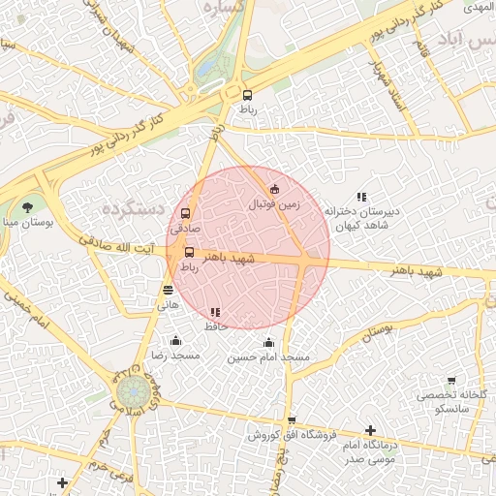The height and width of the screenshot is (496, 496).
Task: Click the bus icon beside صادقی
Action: coord(185,214)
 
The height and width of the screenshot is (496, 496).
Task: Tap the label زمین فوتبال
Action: coord(275,204)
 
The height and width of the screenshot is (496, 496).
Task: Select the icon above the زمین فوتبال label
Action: coord(274,189)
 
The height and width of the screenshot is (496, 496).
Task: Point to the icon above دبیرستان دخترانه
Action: coord(361,196)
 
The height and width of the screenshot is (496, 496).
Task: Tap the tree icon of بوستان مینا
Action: coord(27,206)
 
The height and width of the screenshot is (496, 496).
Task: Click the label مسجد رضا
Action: coord(175,356)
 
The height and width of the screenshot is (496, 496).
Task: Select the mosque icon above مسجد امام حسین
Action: coord(268,343)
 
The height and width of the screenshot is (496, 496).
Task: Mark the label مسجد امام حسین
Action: coord(268,357)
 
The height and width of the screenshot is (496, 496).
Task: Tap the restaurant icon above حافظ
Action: coord(215,312)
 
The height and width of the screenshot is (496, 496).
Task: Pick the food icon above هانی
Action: coord(169,289)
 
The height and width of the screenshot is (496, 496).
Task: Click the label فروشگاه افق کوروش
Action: coord(263,435)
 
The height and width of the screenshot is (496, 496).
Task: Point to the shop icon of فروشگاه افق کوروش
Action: coord(292,420)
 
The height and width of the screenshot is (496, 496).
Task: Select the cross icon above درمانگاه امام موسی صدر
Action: coord(370,430)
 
